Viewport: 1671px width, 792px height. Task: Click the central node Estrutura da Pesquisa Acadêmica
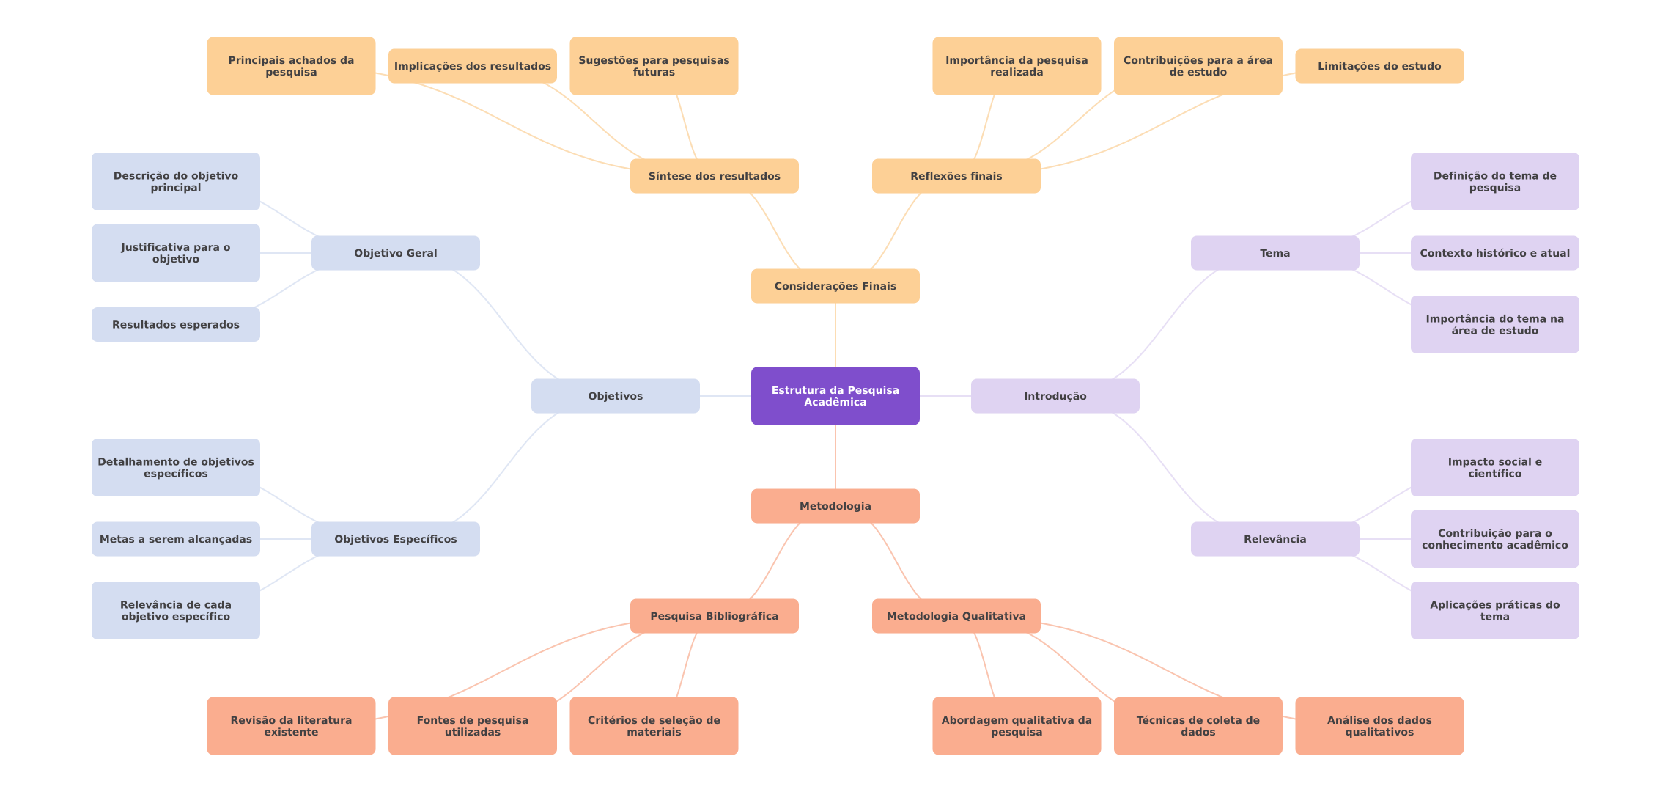[835, 396]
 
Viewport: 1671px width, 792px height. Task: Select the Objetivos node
[615, 396]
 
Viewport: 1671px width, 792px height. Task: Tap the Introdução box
[1055, 396]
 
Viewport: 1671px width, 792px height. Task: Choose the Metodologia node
[835, 506]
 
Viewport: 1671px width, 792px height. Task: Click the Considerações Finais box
[835, 286]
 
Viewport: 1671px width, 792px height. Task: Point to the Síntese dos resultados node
[714, 176]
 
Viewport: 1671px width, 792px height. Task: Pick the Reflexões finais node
[956, 176]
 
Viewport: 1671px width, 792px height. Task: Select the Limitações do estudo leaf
[1379, 66]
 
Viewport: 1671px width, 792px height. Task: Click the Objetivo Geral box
[395, 253]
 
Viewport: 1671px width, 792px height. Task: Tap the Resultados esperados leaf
[175, 324]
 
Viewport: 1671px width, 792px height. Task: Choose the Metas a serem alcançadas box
[175, 539]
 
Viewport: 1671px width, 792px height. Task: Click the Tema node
[1275, 253]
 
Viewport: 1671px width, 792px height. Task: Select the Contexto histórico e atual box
[1494, 253]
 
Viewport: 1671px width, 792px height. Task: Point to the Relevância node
[1275, 539]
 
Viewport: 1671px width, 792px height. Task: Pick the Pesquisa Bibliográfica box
[714, 616]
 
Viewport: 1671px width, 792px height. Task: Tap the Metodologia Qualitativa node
[956, 616]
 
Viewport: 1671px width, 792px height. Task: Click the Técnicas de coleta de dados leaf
[1198, 726]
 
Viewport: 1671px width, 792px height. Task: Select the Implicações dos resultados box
[472, 66]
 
